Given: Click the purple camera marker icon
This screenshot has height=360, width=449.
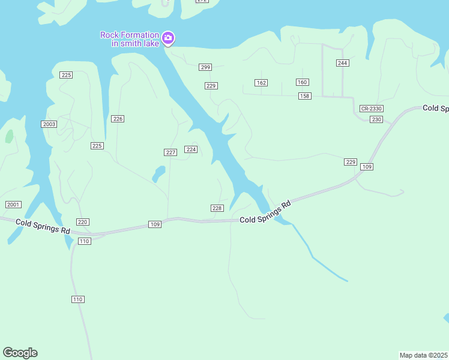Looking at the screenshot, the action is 169,39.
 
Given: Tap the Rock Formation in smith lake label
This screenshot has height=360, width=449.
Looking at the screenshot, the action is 130,39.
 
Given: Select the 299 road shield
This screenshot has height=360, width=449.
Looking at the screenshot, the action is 206,67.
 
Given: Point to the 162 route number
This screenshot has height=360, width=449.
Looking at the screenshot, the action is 261,83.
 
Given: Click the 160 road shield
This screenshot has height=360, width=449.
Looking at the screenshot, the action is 302,82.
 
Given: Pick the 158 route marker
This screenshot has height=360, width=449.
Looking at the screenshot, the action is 304,96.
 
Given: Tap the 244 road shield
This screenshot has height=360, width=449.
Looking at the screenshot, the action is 343,63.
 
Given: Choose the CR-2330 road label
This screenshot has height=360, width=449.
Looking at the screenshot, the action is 372,109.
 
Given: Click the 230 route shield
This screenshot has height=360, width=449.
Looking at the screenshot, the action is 376,119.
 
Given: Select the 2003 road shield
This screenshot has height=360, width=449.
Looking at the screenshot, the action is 49,124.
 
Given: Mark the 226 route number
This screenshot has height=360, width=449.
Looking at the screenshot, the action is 118,119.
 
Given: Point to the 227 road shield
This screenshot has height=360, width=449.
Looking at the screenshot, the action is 170,152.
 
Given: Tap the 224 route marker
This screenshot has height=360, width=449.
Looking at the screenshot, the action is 191,149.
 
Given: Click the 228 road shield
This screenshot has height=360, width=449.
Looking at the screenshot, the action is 217,208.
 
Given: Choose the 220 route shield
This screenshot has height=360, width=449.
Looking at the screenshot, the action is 83,222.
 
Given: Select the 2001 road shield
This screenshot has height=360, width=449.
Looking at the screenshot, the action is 13,205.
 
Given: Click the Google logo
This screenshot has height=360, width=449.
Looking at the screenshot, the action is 20,353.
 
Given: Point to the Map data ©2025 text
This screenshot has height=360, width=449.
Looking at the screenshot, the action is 423,355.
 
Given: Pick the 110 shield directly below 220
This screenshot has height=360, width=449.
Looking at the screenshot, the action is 84,241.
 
